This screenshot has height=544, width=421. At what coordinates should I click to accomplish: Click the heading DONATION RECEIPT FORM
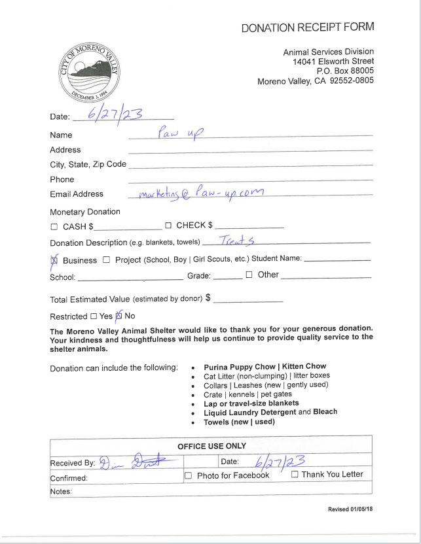[308, 27]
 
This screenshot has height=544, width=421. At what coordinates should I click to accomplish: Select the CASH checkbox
[54, 227]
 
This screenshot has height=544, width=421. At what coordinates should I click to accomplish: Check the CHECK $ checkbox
[168, 226]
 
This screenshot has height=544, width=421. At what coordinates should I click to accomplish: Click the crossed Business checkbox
[54, 260]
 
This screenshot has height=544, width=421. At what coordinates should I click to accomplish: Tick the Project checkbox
[106, 260]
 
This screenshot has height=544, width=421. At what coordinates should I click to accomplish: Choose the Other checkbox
[249, 275]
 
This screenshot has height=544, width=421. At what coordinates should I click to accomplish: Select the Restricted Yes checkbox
[93, 316]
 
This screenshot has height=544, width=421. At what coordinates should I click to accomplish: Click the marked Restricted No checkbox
[119, 316]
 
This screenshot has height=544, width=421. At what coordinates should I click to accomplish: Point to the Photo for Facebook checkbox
[188, 475]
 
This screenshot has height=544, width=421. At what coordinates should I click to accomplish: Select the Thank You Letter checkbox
[295, 474]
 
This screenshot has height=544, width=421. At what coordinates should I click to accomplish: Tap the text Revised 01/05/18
[350, 509]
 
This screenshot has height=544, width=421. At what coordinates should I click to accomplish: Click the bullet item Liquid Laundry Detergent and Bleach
[270, 412]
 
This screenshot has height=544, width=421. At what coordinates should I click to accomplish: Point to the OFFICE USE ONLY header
[211, 446]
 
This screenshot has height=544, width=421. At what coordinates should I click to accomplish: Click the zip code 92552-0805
[351, 80]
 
